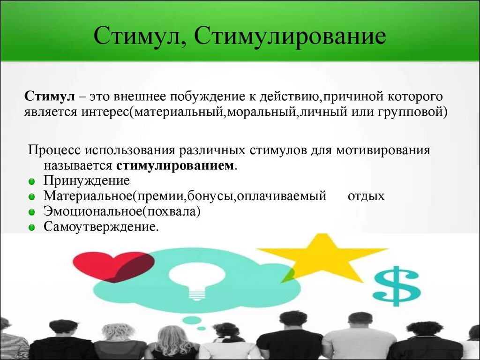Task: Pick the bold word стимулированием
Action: point(175,166)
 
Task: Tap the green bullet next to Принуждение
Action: point(31,181)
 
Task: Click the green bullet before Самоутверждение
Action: point(31,228)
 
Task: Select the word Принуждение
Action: point(86,181)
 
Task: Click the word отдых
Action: point(366,196)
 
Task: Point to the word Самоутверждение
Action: point(100,227)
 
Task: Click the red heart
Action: point(113,266)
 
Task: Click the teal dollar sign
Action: point(397,286)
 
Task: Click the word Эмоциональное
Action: point(93,211)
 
